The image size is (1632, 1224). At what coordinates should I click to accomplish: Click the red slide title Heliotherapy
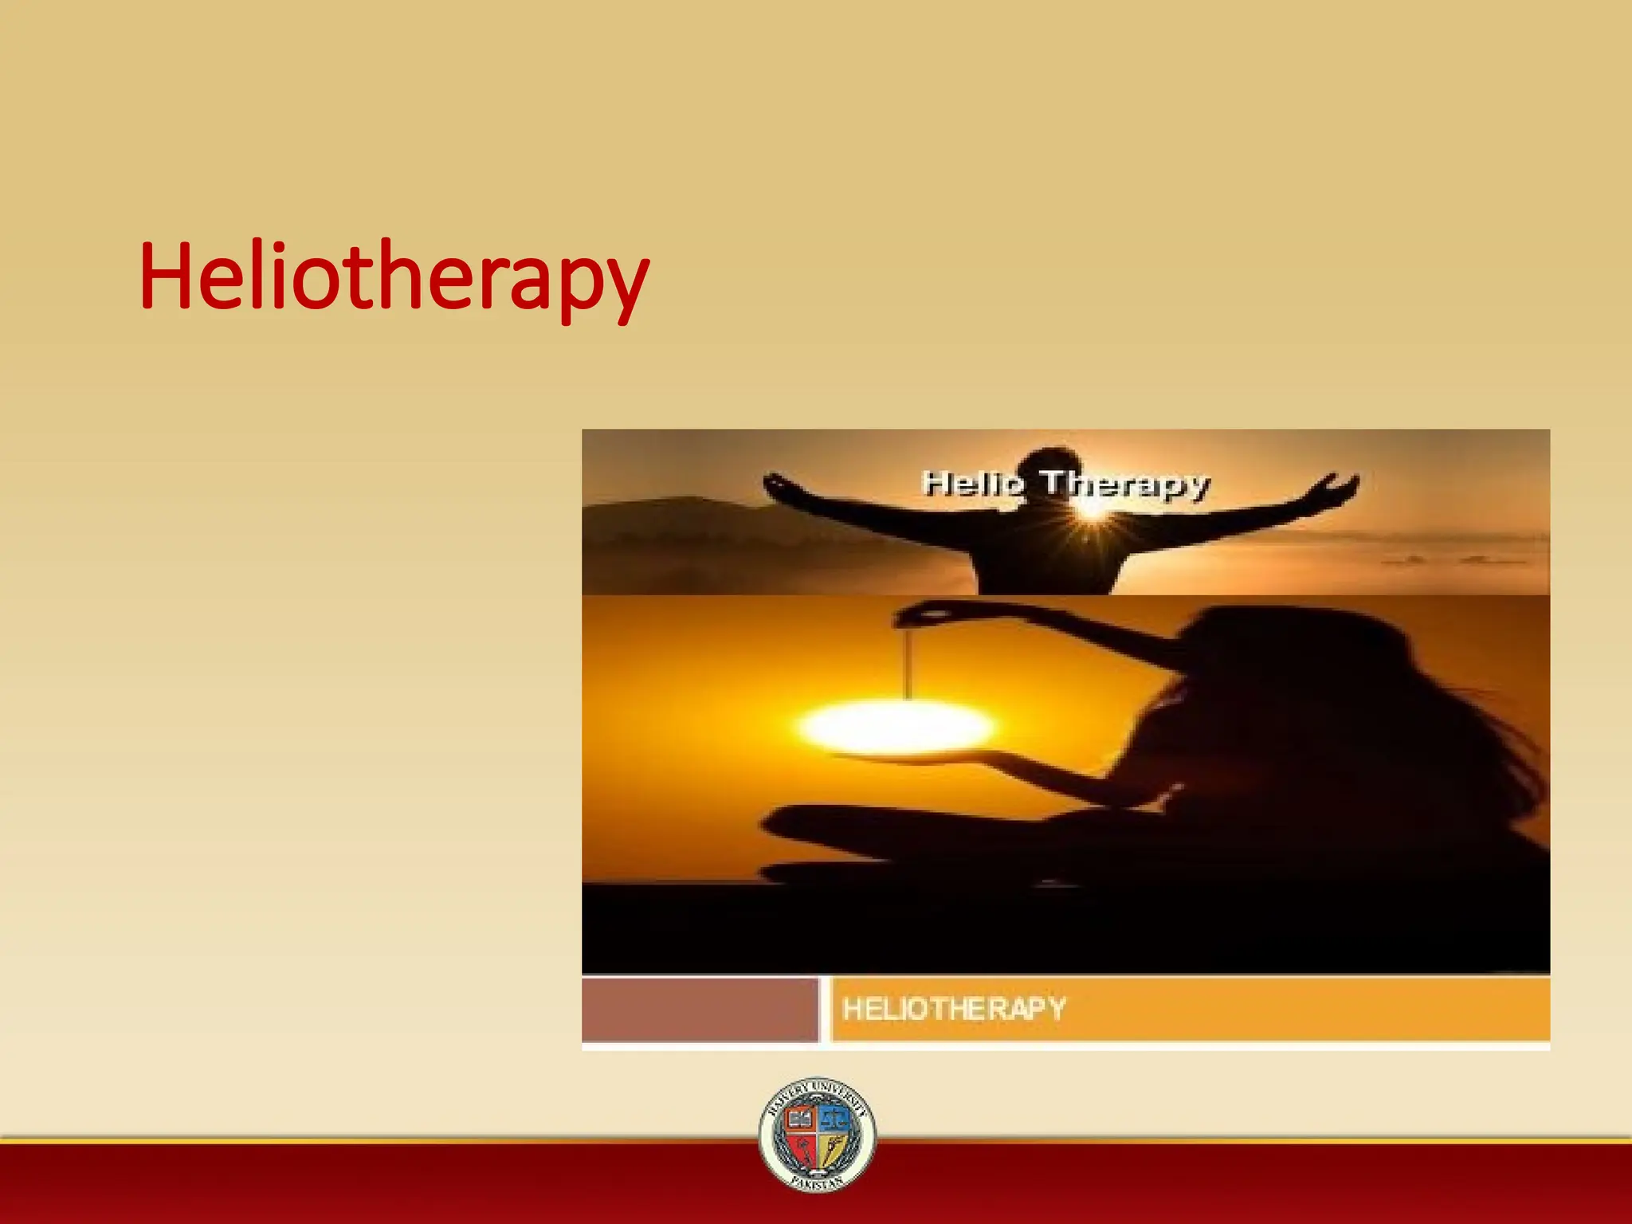394,277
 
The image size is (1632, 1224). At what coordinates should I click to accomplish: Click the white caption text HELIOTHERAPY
954,1009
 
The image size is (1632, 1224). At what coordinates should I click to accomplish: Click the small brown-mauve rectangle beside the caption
700,1010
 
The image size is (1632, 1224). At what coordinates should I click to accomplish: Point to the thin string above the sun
908,661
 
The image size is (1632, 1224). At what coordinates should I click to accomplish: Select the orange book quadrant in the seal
799,1120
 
